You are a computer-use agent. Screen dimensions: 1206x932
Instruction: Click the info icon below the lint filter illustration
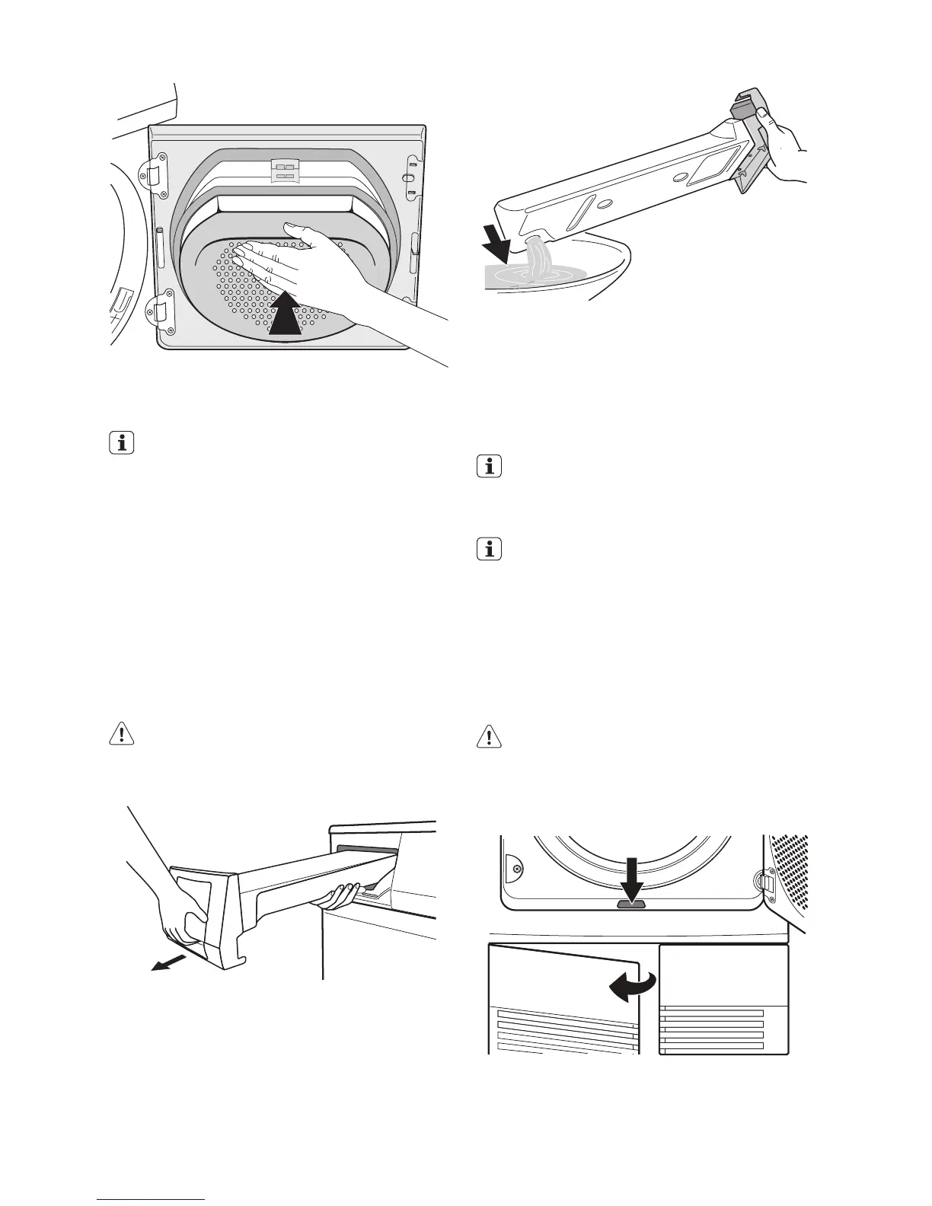click(x=121, y=442)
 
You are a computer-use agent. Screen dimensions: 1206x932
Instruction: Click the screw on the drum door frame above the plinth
click(x=517, y=869)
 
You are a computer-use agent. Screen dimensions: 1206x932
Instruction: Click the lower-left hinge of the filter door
click(x=157, y=311)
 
